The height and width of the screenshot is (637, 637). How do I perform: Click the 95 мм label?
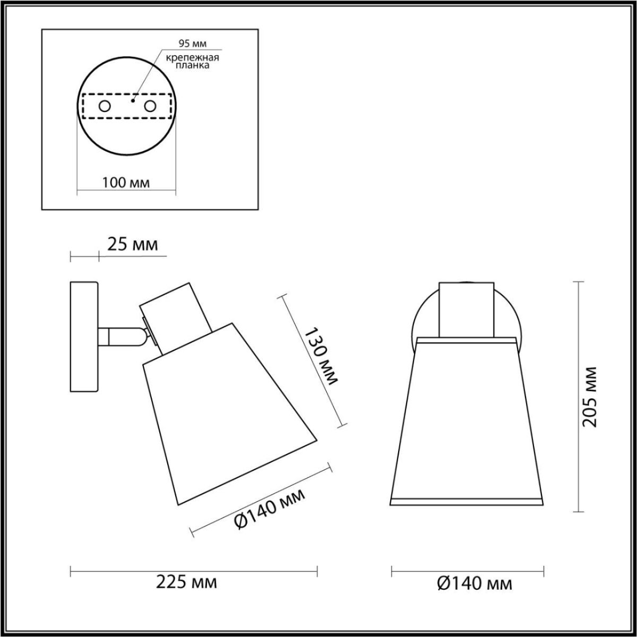(x=192, y=44)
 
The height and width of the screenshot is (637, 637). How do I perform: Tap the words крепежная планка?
(x=192, y=62)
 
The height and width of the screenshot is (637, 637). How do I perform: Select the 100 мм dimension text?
(x=126, y=183)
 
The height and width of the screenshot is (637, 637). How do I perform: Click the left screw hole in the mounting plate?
(x=105, y=107)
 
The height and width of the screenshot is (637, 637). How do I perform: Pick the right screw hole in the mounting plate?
(x=150, y=107)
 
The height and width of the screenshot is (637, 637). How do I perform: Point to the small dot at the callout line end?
(x=133, y=100)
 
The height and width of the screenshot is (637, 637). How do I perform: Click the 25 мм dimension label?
(x=133, y=245)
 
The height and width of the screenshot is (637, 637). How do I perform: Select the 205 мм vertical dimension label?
(x=590, y=397)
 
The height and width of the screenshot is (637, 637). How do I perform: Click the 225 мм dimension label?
(x=186, y=591)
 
